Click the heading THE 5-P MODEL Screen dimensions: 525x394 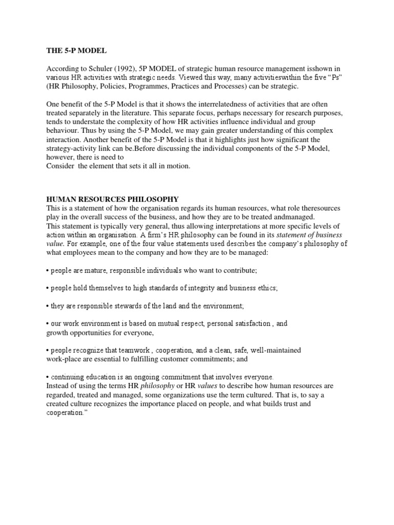tap(76, 50)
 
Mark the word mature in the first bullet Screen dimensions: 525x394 tap(96, 270)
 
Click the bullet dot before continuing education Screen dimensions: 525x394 tap(48, 377)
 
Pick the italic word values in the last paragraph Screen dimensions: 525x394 tap(205, 386)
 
